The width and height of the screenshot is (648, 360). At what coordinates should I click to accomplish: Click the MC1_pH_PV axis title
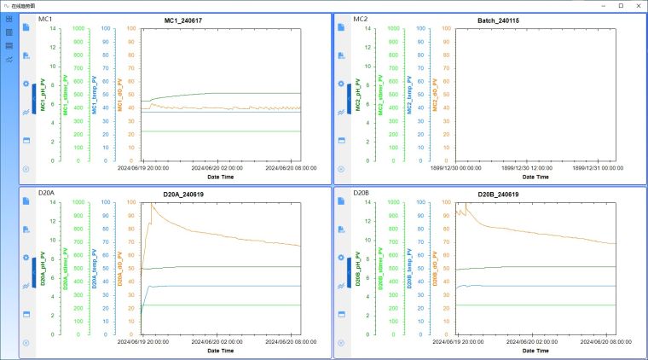42,94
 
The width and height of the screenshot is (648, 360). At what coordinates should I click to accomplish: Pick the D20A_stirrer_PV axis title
67,270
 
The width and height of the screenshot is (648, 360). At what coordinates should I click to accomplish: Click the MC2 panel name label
361,18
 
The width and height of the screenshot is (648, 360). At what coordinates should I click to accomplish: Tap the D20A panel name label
46,194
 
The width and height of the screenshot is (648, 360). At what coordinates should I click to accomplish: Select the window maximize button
620,5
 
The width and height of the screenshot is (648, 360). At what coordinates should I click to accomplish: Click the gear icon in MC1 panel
26,84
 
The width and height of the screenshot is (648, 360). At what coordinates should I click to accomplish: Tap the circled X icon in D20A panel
26,343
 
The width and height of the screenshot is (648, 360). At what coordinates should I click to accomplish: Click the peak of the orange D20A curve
152,205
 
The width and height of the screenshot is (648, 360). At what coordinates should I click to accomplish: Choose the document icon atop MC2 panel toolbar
341,27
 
